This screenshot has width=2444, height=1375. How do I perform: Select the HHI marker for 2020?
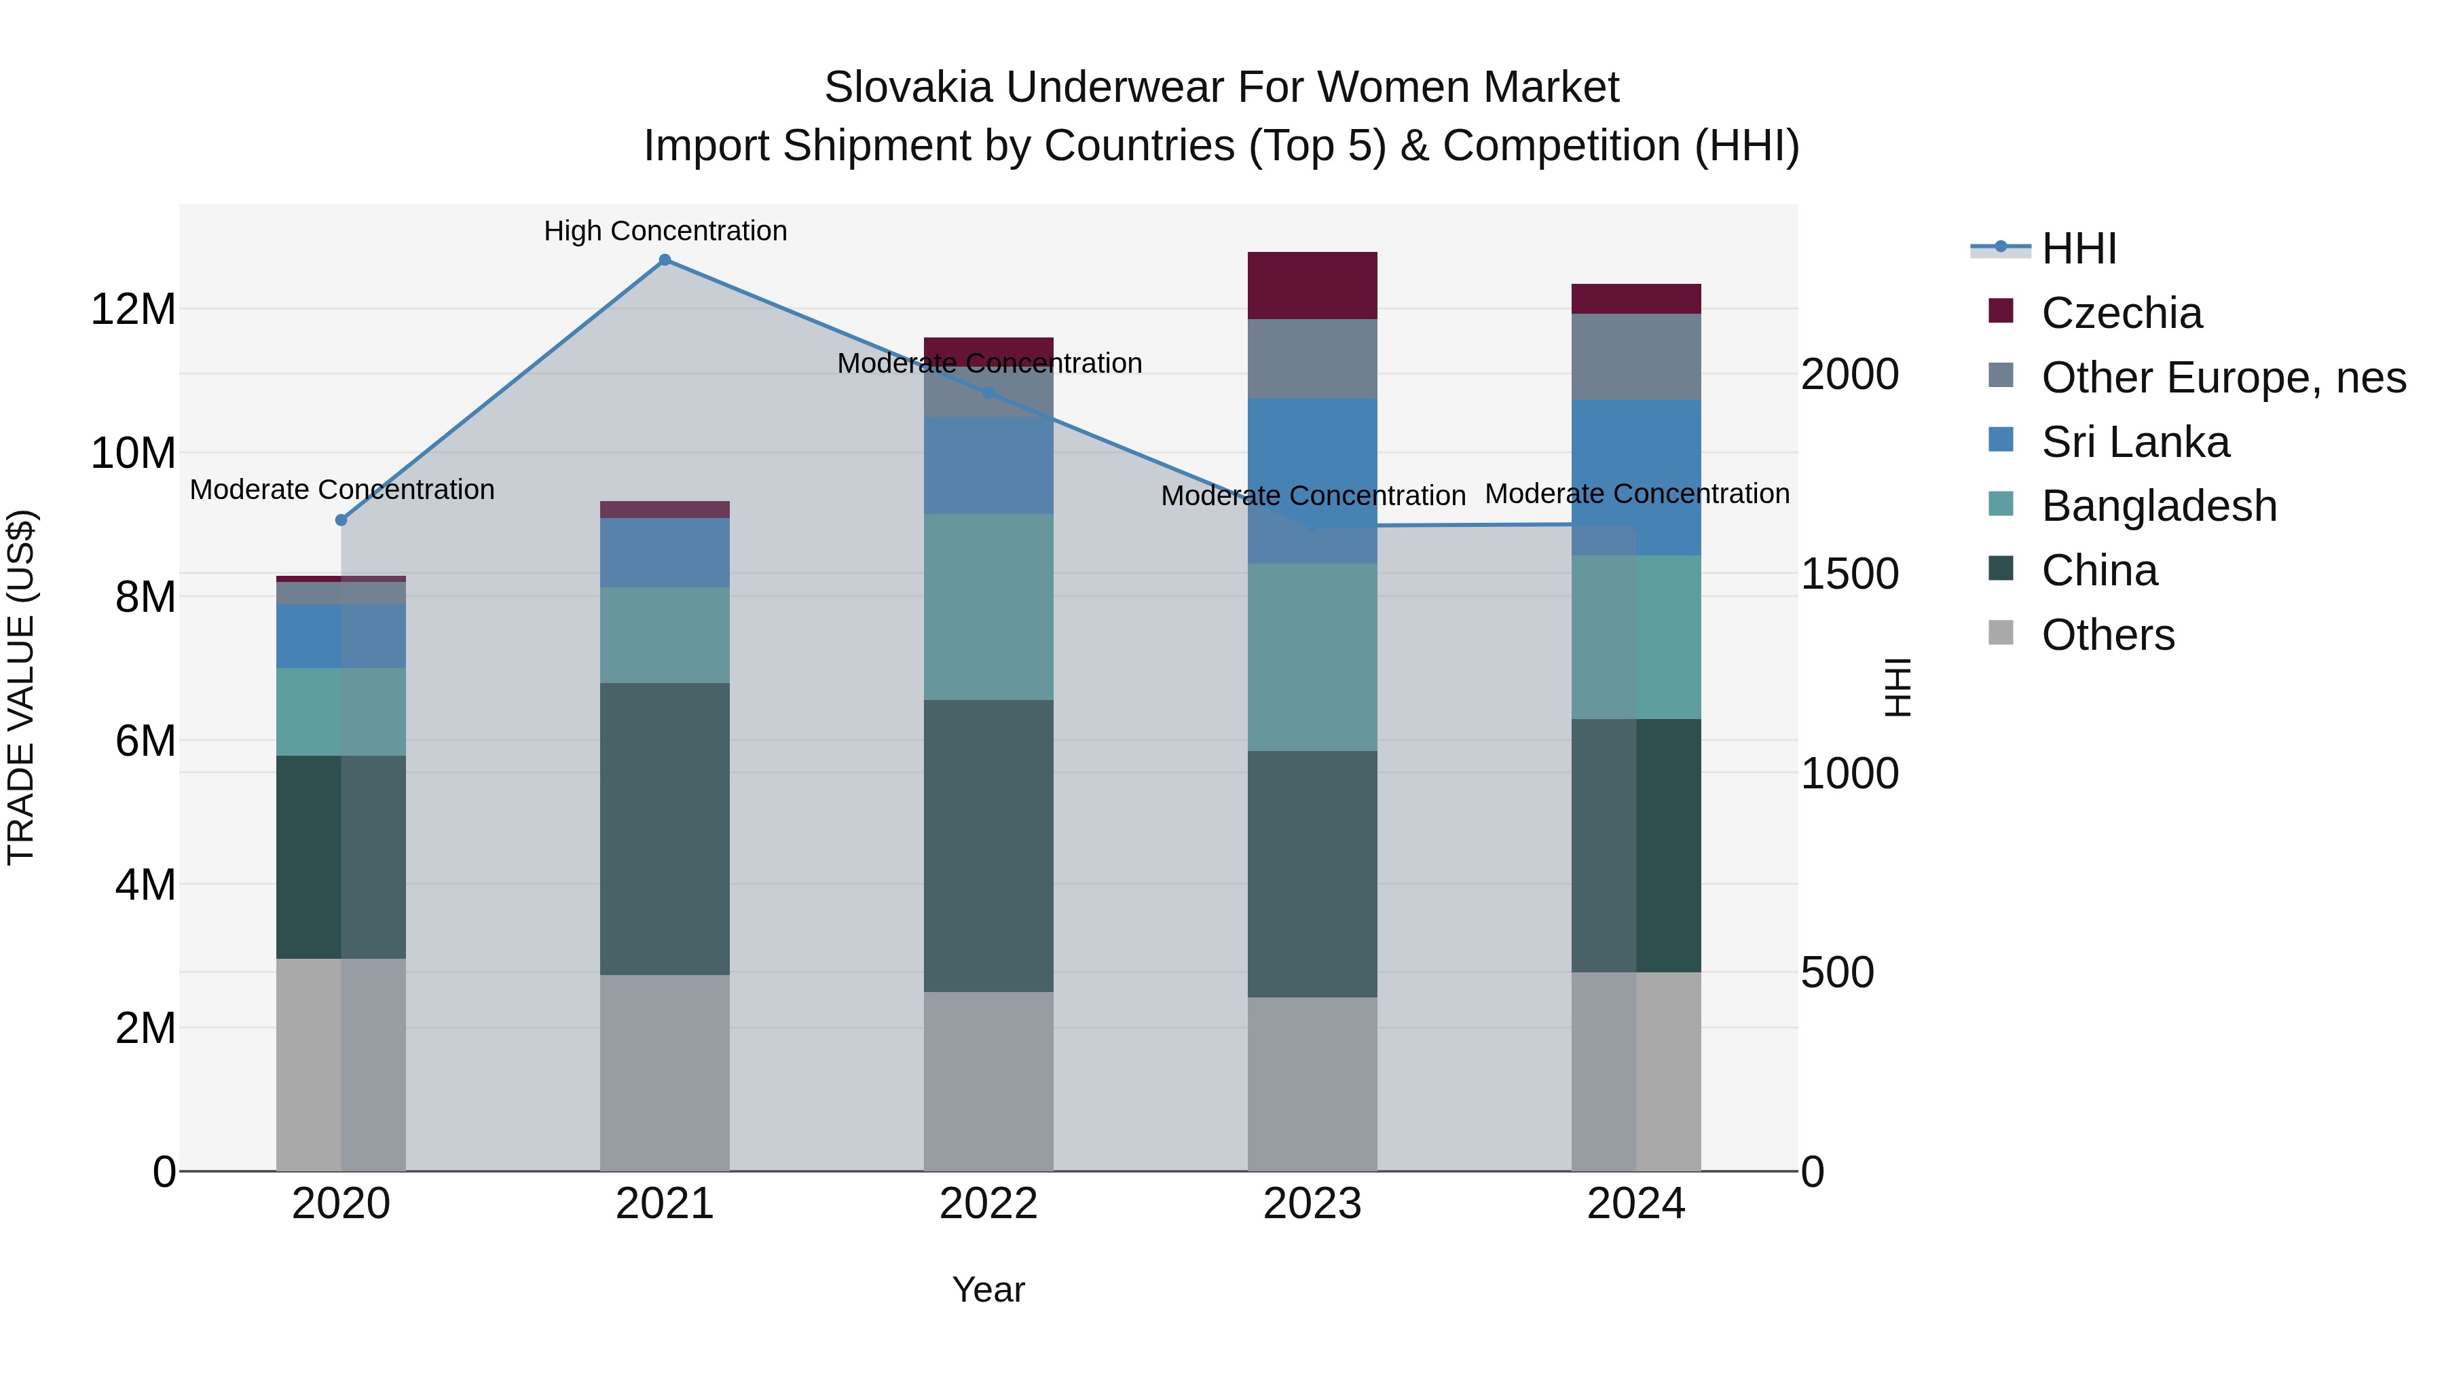click(341, 520)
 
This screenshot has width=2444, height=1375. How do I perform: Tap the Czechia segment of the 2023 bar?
click(1312, 286)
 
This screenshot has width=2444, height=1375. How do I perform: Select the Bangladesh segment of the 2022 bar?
click(988, 607)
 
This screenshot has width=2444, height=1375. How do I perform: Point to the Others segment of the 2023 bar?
click(1312, 1084)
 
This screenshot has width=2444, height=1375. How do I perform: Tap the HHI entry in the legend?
click(2078, 249)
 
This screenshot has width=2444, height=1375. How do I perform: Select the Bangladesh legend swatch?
click(2000, 504)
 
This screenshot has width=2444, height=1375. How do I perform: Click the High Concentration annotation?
click(665, 232)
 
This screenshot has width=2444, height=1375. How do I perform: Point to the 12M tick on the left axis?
click(133, 310)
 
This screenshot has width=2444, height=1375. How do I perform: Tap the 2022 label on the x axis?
click(988, 1204)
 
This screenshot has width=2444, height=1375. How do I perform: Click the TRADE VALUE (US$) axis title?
click(21, 687)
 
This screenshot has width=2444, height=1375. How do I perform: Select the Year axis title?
click(988, 1289)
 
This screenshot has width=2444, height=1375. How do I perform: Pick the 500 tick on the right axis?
click(1837, 972)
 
